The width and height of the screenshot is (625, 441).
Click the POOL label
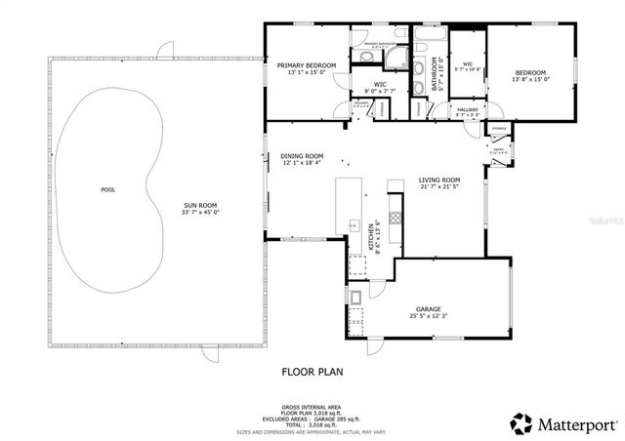coord(107,189)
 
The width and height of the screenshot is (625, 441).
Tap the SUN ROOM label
coord(202,206)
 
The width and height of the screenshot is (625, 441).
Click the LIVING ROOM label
coord(439,180)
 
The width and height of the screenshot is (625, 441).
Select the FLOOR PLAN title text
coord(312,371)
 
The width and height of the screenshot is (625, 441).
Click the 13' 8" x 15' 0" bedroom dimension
coord(530,80)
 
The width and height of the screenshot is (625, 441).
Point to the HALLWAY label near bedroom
coord(468,110)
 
